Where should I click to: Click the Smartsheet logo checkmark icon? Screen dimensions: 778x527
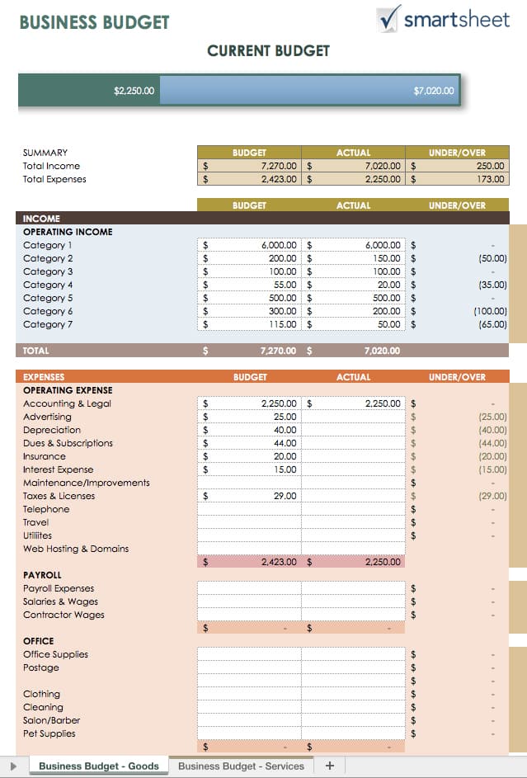[x=388, y=17]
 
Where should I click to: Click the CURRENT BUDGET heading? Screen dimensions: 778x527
[x=268, y=51]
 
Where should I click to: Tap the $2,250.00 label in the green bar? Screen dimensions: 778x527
[x=134, y=91]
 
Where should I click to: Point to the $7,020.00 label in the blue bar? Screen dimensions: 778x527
[x=433, y=91]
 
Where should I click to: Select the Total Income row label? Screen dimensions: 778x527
[x=51, y=166]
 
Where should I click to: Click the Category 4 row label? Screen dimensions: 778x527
[x=48, y=285]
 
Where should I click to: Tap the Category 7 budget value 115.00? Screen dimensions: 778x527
[x=282, y=324]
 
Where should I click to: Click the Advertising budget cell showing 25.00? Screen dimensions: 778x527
[x=285, y=417]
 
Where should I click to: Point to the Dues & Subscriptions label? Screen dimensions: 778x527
[x=68, y=443]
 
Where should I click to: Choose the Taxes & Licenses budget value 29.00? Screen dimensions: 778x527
[x=285, y=496]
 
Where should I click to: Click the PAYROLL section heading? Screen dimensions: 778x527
[x=42, y=575]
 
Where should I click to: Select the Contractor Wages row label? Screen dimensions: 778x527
[x=64, y=615]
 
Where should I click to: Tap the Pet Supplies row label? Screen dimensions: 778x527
[x=49, y=733]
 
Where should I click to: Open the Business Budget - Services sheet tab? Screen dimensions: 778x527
[x=241, y=766]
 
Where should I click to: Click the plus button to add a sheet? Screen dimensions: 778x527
[x=330, y=766]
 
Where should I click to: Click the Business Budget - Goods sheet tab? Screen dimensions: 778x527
[x=99, y=766]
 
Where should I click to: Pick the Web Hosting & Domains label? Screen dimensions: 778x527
[x=76, y=549]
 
